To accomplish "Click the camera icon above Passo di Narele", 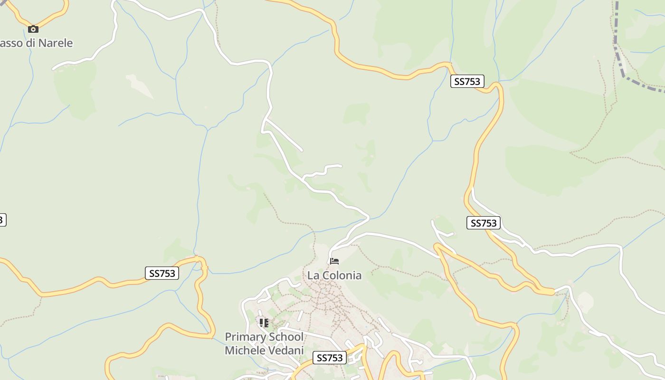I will pos(33,29).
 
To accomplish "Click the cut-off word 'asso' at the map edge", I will pos(9,43).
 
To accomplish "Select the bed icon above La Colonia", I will pos(334,261).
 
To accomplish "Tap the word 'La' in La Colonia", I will pos(313,275).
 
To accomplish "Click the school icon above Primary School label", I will pos(264,323).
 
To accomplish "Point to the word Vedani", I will pos(286,351).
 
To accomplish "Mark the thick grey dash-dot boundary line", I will pos(620,57).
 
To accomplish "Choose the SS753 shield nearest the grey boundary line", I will pos(467,81).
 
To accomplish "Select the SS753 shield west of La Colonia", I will pos(161,273).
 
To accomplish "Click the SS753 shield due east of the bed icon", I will pos(484,223).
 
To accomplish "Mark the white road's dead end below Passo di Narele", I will pos(54,68).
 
